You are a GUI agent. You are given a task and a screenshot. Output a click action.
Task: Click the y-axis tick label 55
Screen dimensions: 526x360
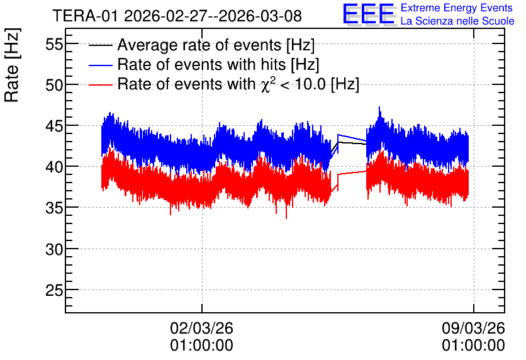[54, 44]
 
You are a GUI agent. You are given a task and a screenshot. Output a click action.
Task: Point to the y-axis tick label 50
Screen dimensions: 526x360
[54, 85]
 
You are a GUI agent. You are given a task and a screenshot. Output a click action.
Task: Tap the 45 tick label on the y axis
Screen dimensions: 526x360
[54, 126]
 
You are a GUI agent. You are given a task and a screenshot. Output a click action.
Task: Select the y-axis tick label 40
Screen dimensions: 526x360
[54, 167]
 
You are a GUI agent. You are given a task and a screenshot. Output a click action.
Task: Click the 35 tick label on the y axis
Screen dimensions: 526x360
[54, 208]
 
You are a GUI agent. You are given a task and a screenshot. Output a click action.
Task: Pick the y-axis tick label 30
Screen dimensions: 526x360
[54, 249]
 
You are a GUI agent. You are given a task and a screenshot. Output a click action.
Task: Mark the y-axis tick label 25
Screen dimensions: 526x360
[54, 290]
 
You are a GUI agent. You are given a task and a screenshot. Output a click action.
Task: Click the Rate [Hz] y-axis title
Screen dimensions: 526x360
[12, 65]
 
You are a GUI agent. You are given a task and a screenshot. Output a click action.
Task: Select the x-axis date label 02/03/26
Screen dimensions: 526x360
[201, 328]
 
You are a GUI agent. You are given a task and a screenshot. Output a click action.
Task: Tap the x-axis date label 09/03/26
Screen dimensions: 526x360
[473, 328]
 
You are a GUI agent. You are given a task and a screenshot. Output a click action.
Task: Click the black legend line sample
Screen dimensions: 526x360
[100, 45]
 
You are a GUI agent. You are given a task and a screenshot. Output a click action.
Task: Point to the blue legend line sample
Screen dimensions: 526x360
[100, 65]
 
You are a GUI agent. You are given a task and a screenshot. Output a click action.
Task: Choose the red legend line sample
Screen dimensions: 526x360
[100, 84]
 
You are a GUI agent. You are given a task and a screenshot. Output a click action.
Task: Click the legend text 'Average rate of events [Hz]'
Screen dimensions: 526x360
[216, 45]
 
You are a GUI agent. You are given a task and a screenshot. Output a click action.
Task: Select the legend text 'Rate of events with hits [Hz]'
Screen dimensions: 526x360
[218, 65]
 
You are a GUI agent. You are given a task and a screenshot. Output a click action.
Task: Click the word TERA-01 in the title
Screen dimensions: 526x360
[85, 16]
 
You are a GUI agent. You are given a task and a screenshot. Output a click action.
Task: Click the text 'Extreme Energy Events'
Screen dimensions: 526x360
[457, 8]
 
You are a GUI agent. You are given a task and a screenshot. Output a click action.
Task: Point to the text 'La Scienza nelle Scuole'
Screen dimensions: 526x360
[457, 21]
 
